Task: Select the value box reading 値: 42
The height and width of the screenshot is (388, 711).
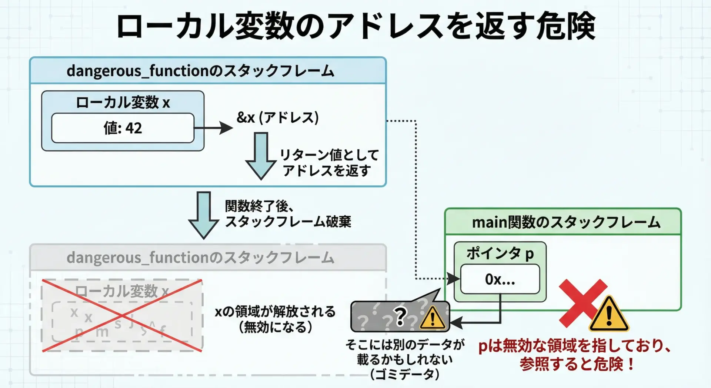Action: click(123, 128)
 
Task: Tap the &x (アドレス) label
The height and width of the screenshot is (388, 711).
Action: click(277, 117)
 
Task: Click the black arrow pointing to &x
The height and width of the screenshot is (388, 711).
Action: click(215, 128)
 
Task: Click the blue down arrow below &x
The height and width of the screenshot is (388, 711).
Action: click(261, 156)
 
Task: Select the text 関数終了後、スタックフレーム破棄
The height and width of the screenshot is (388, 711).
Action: click(288, 214)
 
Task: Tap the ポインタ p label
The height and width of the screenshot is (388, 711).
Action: click(500, 253)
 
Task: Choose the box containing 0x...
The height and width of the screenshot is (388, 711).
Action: click(500, 279)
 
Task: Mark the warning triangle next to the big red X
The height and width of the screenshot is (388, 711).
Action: click(609, 314)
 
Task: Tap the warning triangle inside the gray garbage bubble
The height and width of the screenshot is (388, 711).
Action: click(432, 318)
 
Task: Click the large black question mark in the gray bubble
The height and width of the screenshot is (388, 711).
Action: click(400, 317)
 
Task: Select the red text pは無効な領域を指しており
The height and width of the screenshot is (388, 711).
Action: click(574, 346)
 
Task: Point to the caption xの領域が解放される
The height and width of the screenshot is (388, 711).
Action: click(275, 312)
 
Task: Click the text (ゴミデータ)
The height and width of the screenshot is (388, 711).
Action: click(405, 374)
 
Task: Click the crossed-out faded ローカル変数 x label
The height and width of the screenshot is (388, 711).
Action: click(122, 291)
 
